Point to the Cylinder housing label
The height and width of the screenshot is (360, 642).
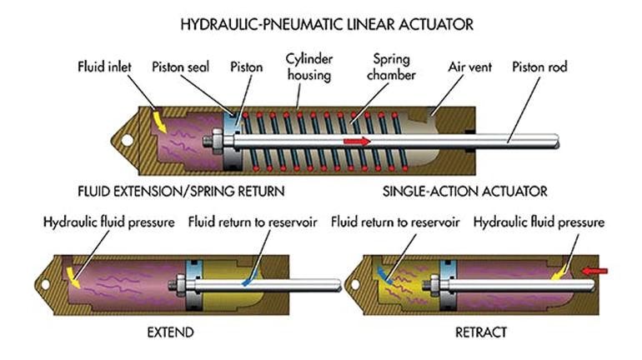coord(307,67)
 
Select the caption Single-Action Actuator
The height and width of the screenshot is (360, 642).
coord(465,192)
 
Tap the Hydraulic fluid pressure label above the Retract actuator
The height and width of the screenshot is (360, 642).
coord(539,222)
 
